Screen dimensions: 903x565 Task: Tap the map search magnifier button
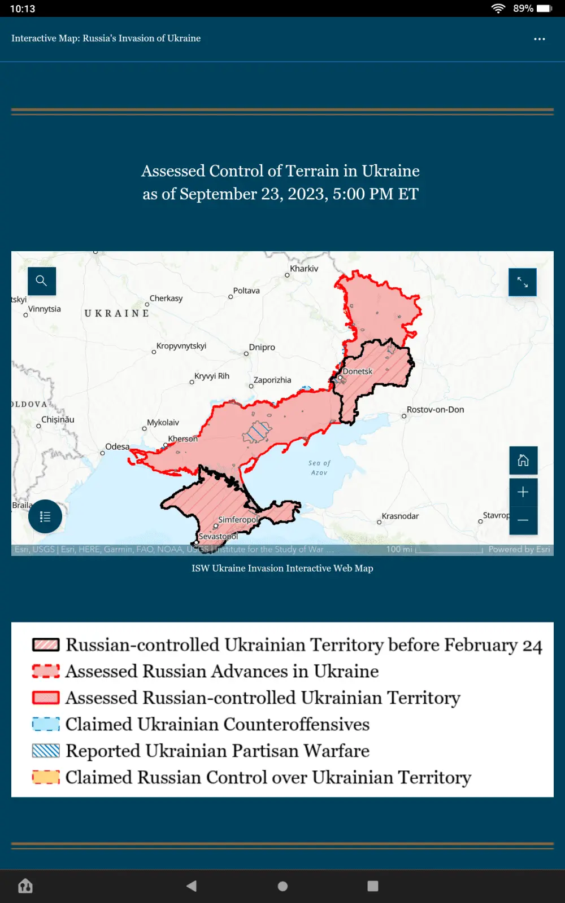coord(42,281)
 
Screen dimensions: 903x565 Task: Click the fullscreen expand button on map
coord(523,282)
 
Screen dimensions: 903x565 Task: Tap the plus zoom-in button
coord(523,492)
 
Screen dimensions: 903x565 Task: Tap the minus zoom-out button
coord(523,520)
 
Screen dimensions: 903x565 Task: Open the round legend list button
coord(45,516)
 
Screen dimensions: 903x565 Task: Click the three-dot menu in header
coord(540,39)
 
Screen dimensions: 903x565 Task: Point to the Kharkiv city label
coord(304,269)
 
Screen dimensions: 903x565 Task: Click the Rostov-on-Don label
coord(435,410)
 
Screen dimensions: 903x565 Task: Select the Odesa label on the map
coord(117,446)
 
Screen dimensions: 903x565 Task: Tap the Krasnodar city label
coord(400,516)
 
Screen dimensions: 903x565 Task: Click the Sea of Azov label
coord(319,467)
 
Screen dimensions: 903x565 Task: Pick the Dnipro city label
coord(262,347)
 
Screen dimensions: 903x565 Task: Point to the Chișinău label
coord(58,419)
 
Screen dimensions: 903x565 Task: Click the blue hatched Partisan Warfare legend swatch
coord(46,751)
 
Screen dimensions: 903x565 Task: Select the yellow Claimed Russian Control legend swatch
coord(46,777)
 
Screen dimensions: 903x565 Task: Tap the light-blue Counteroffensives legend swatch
coord(46,724)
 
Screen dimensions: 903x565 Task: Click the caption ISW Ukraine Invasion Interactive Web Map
coord(282,568)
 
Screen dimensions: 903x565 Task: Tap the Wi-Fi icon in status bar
coord(498,8)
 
